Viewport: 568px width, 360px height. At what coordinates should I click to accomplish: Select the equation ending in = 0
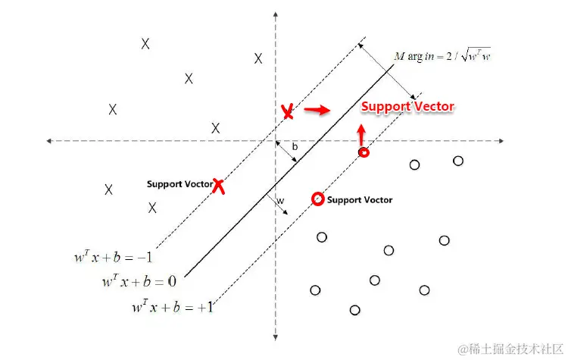[139, 282]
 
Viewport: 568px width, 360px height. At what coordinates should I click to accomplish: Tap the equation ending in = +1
[173, 308]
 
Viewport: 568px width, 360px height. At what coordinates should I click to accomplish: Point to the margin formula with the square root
[442, 56]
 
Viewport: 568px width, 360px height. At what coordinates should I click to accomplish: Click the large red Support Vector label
[407, 107]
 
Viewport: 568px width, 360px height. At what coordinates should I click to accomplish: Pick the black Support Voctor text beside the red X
[179, 184]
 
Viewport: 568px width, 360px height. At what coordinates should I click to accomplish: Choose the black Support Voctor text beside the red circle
[359, 200]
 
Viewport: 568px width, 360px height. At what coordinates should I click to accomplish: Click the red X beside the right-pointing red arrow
[287, 112]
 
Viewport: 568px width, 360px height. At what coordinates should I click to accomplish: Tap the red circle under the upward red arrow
[364, 152]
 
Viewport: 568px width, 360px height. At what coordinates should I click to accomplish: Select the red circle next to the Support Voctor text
[318, 199]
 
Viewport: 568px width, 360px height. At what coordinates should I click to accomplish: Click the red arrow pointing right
[317, 111]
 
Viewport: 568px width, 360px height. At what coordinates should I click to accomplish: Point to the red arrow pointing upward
[361, 133]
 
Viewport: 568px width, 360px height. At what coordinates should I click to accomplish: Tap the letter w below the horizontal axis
[280, 201]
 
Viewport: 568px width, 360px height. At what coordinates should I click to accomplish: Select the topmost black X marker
[145, 44]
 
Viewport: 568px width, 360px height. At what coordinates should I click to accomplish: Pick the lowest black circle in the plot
[354, 309]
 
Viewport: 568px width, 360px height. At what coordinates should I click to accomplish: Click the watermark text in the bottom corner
[508, 348]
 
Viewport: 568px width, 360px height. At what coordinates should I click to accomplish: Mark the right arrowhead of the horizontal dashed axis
[501, 141]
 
